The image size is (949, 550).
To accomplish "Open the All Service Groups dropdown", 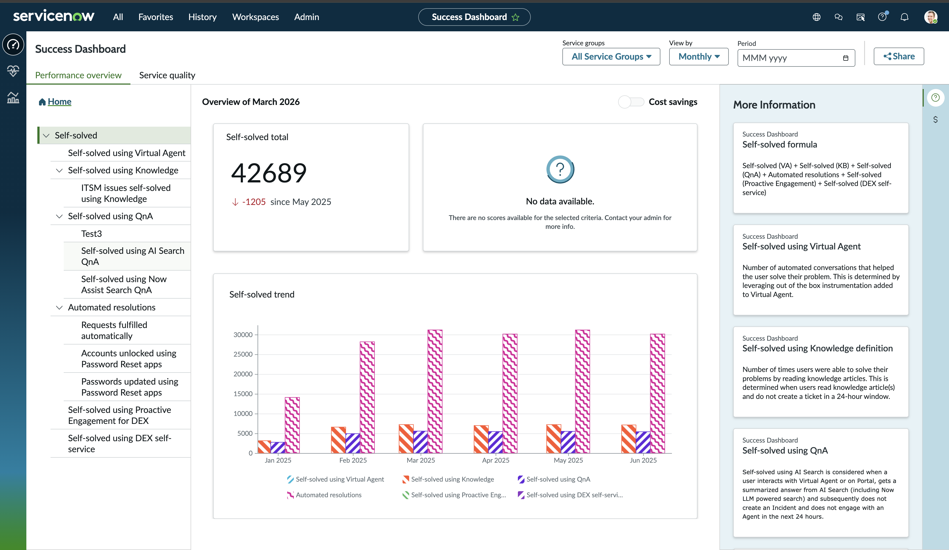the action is click(611, 57).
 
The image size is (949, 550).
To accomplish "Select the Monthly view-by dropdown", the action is click(699, 57).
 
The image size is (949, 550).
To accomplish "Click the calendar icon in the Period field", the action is click(845, 58).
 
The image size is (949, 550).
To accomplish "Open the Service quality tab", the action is click(167, 75).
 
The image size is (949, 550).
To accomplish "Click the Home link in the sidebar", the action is click(60, 102).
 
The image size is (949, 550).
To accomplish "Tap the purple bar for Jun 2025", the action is click(643, 442).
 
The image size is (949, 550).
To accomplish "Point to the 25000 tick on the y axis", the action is click(243, 354).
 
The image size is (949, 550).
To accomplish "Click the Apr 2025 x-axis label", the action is click(496, 460).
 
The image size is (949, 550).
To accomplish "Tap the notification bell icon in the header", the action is click(904, 17).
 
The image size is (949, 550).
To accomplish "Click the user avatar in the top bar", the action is click(931, 17).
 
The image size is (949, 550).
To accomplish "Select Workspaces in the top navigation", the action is click(255, 17).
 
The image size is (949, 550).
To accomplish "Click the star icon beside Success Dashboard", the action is click(515, 17).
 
